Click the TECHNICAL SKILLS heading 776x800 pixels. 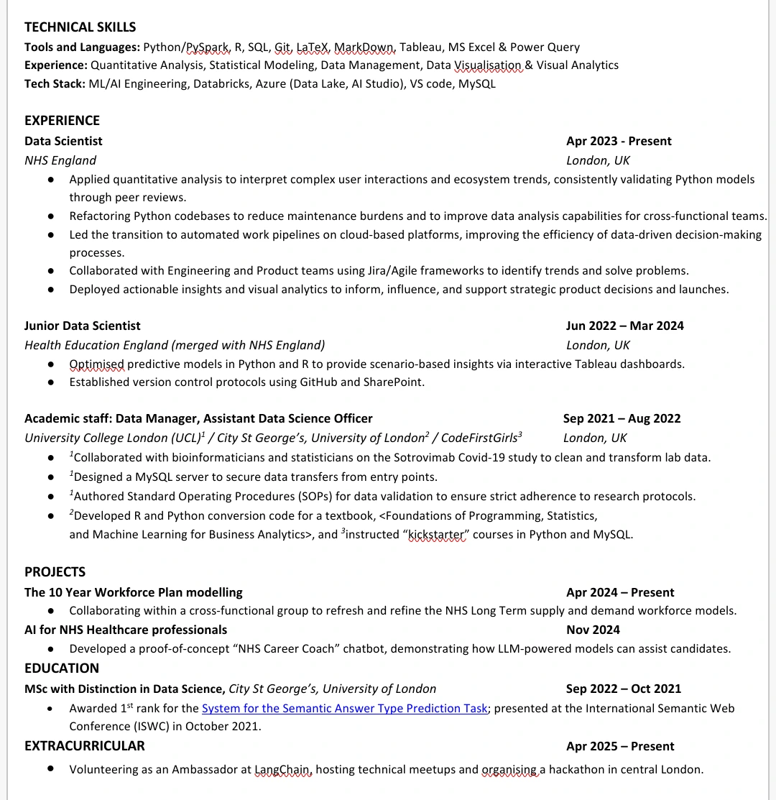coord(80,27)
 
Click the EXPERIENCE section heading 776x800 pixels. coord(62,120)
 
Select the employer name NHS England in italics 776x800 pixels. coord(60,160)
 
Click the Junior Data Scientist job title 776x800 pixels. coord(83,326)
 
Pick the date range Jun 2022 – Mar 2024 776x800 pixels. coord(624,326)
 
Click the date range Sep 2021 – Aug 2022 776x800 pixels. coord(622,418)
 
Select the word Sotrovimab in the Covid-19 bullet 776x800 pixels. coord(425,457)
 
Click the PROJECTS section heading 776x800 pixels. coord(55,572)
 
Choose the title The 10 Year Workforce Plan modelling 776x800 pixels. coord(134,592)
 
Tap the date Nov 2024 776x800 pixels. coord(593,630)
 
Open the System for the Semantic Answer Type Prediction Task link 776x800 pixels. coord(344,708)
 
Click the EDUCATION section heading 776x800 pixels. coord(62,668)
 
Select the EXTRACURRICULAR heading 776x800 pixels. coord(85,746)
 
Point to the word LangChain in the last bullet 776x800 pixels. coord(283,769)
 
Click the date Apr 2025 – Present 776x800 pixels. coord(620,746)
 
